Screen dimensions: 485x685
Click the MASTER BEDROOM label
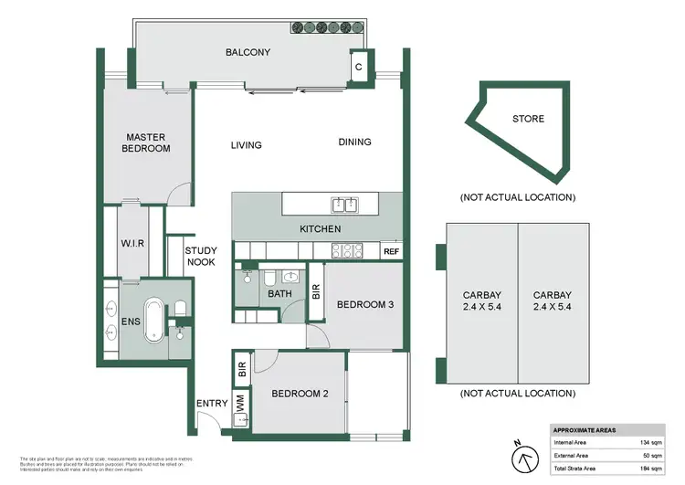point(147,142)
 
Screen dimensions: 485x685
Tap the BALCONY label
point(248,52)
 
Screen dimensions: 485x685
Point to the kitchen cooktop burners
point(348,250)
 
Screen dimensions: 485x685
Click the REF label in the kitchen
point(391,251)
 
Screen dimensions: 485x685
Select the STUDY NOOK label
point(200,256)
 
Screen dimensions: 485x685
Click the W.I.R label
point(132,244)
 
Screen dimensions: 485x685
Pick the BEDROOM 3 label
point(364,304)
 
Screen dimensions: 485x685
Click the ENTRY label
point(211,403)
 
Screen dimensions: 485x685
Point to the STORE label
point(527,119)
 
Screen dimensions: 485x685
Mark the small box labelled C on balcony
point(359,67)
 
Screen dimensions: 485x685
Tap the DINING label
point(354,142)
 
